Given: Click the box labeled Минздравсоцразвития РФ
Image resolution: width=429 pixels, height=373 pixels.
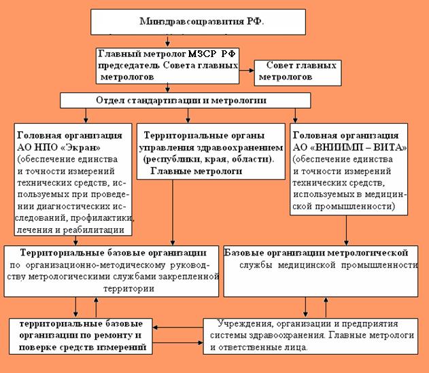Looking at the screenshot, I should click(201, 22).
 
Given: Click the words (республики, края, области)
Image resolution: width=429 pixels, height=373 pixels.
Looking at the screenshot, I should click(205, 159).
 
